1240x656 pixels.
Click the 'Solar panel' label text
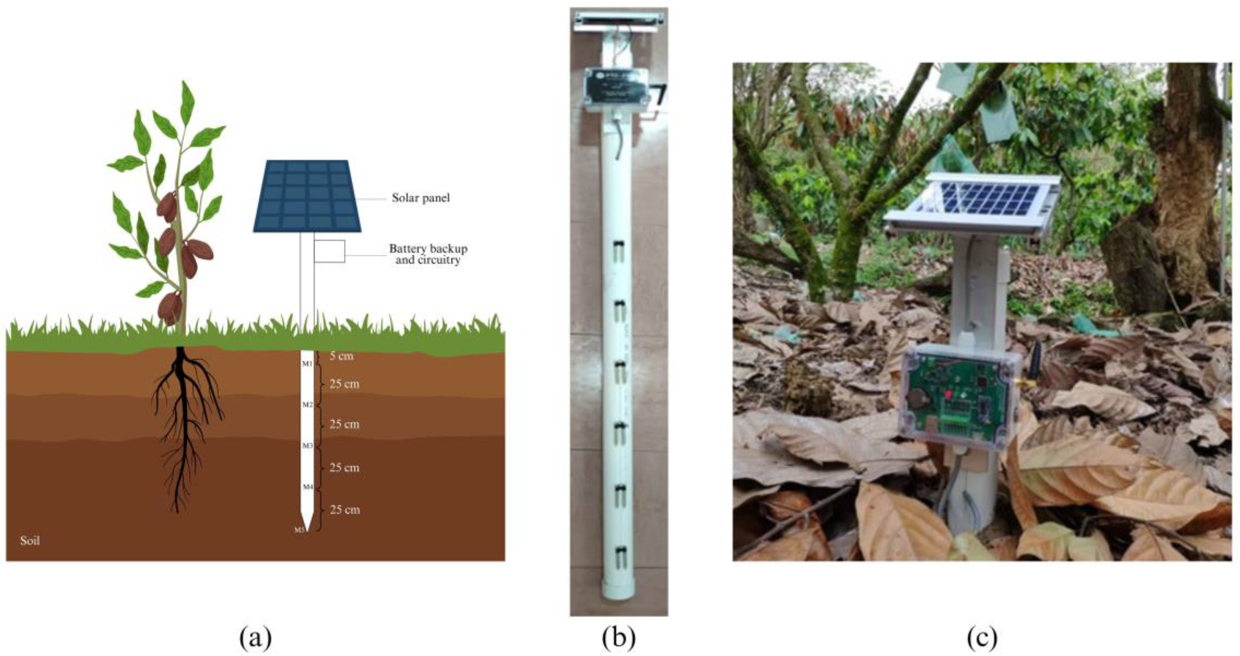420,198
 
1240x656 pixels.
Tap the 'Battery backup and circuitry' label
428,254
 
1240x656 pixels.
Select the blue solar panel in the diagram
307,196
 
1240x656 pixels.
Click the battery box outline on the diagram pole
330,251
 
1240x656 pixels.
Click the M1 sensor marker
307,363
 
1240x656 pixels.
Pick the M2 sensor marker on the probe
307,405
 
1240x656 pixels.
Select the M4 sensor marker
307,487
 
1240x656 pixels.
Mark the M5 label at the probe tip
299,530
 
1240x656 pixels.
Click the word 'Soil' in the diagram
30,540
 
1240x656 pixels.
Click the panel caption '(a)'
255,638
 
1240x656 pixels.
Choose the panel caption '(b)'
619,638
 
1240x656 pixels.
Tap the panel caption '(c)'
982,638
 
